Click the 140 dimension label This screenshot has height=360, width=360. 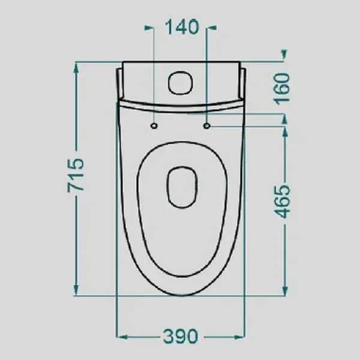pyautogui.click(x=182, y=27)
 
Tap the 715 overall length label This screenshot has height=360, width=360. pyautogui.click(x=76, y=175)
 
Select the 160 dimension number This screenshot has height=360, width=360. pyautogui.click(x=282, y=89)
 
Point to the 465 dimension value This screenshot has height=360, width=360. pyautogui.click(x=283, y=202)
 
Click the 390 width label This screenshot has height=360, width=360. pyautogui.click(x=181, y=336)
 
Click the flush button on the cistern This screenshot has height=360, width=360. pyautogui.click(x=181, y=83)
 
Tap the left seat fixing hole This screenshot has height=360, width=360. pyautogui.click(x=154, y=126)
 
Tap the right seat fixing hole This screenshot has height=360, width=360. pyautogui.click(x=207, y=125)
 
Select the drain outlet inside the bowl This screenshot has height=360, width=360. pyautogui.click(x=182, y=187)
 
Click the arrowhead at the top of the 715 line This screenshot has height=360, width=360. pyautogui.click(x=76, y=68)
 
